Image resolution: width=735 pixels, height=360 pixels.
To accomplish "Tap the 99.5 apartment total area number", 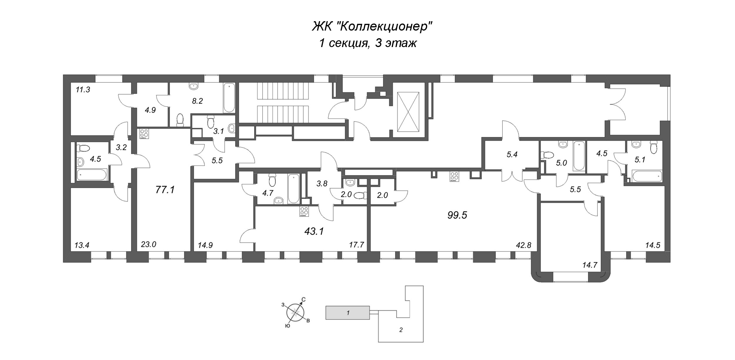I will (457, 215).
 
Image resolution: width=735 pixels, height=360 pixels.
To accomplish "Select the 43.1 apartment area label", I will (314, 231).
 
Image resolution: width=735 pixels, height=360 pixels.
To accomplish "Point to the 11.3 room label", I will (83, 90).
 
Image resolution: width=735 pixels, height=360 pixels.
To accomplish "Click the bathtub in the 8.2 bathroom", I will (229, 98).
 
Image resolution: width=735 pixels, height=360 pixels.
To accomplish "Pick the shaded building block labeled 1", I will (347, 313).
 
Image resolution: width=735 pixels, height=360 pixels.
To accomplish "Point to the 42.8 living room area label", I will (524, 245).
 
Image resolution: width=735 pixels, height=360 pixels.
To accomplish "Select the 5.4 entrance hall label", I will (512, 155).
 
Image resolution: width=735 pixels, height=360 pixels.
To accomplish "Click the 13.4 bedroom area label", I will (82, 245).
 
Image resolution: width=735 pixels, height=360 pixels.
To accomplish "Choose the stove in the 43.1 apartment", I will (304, 212).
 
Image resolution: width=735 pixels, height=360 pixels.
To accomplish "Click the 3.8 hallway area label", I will (322, 184).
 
